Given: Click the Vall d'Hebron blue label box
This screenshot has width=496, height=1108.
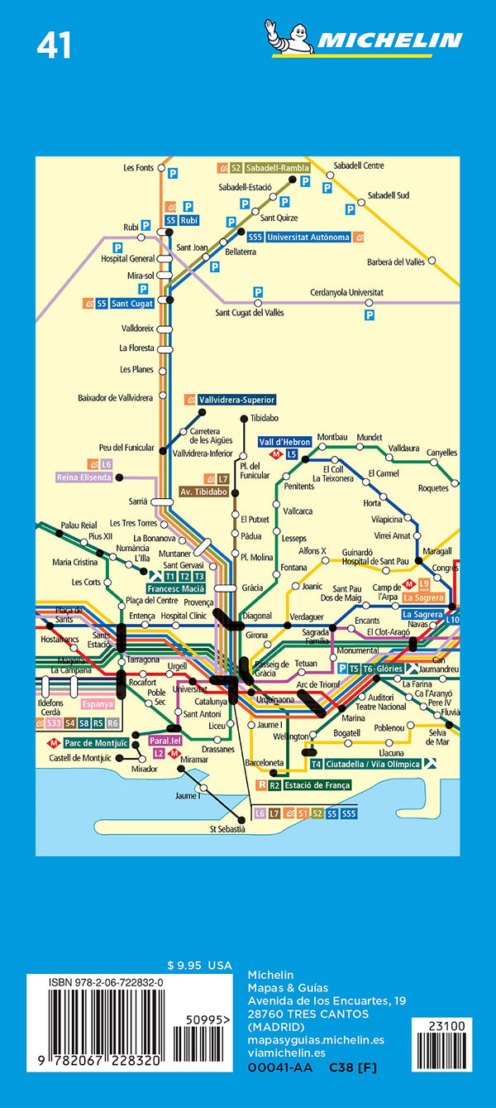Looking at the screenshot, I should [285, 442].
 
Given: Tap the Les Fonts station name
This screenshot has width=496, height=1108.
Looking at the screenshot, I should [138, 168].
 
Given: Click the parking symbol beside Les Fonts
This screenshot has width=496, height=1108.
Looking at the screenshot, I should [173, 175].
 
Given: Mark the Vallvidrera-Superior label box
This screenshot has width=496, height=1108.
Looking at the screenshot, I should [235, 400].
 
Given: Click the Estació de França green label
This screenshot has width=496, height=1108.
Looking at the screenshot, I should [315, 784].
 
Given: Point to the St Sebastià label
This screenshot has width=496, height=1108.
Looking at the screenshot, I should [227, 828].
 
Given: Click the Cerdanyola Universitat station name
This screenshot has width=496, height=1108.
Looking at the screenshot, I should [346, 292].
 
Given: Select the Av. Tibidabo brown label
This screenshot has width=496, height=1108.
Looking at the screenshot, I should [203, 492].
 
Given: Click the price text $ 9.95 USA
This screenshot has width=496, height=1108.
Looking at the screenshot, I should [199, 966].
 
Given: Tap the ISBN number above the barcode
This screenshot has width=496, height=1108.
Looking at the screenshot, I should [95, 981].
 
